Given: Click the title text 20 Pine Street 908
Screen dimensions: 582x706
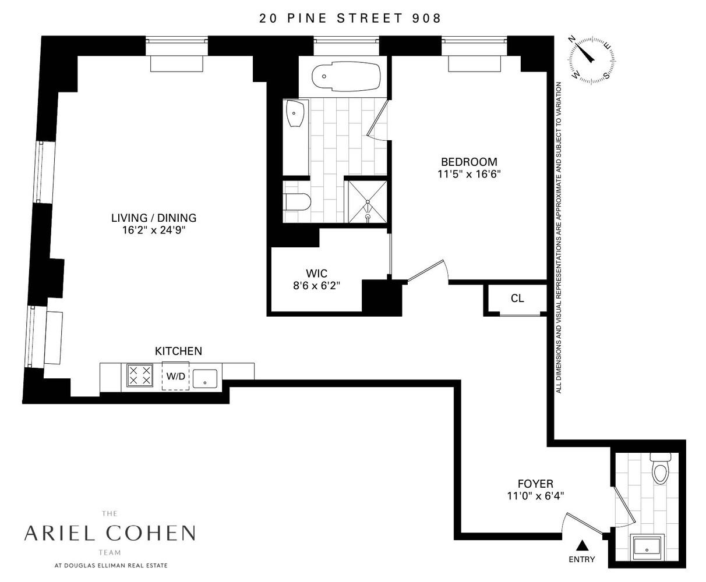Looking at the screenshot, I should (350, 18).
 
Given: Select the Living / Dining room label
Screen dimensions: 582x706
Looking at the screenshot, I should (154, 218).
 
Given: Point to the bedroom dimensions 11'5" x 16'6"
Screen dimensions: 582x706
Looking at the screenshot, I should (469, 173).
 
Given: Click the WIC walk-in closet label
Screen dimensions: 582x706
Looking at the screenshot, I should (316, 273).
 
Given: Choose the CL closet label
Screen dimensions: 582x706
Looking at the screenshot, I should (517, 299).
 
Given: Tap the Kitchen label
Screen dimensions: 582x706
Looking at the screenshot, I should (178, 351).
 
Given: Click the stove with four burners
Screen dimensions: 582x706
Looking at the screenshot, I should (140, 375).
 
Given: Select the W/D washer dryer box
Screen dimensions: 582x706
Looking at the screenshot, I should (175, 376).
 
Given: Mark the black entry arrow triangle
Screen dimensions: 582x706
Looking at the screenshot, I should (581, 545).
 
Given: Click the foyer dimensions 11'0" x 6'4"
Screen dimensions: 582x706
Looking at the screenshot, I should (535, 496).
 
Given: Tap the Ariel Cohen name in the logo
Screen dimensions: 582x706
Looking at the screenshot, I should (110, 533).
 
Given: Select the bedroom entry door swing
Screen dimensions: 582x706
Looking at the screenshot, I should (428, 272).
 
